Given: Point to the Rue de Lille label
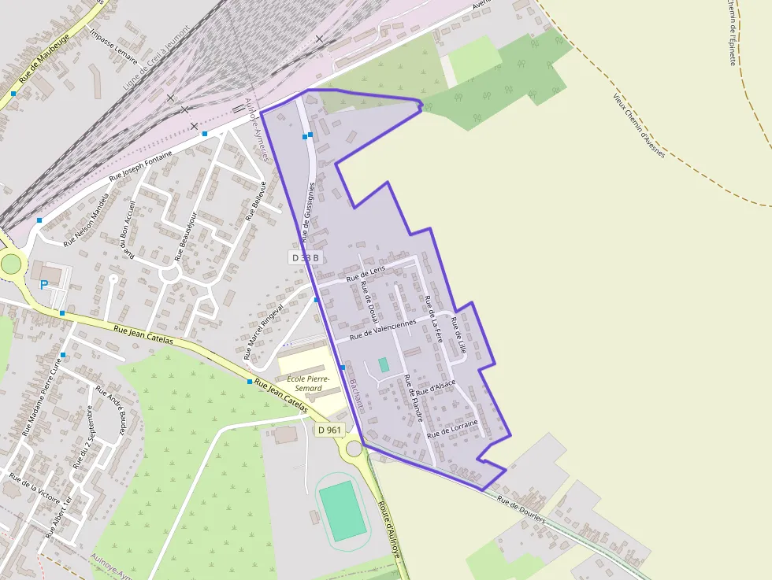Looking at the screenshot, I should coord(458,334).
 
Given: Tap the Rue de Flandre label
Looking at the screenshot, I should coord(414,398).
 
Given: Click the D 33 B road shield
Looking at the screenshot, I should coord(305,257).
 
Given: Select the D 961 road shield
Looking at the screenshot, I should coord(330,430).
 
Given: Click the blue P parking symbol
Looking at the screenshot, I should coord(44,285).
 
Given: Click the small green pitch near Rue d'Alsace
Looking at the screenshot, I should coord(384,364).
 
